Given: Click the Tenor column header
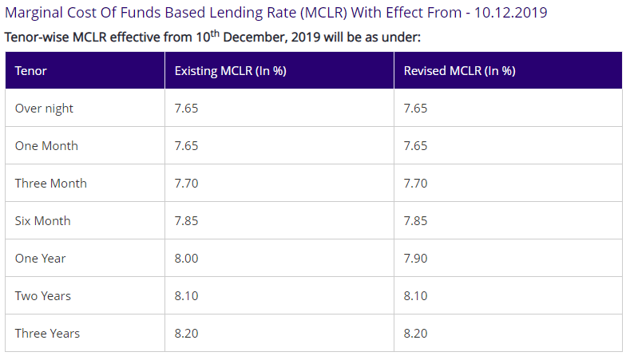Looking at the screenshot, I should click(x=31, y=70).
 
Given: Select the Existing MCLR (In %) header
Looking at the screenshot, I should click(x=231, y=70).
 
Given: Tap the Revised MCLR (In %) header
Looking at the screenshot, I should click(x=459, y=70).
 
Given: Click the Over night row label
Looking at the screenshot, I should click(x=44, y=109).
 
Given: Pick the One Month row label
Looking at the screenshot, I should click(x=46, y=146).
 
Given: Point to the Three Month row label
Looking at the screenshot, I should click(x=50, y=184).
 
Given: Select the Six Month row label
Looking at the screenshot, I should click(x=42, y=221).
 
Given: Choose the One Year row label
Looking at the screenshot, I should click(x=40, y=259).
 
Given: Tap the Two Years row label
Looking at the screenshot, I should click(x=42, y=296).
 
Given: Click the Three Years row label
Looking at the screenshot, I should click(x=47, y=334).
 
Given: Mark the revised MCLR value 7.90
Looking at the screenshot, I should click(x=415, y=259).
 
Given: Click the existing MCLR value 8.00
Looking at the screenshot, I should click(x=187, y=259).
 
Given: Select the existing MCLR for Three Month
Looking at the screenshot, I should click(x=187, y=184).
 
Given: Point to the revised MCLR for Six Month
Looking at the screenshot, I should click(x=415, y=221).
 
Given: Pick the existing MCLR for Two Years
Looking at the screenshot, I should click(x=187, y=296).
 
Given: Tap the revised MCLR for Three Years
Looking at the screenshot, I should click(x=415, y=334).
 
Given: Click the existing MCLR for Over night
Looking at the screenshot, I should click(x=187, y=109).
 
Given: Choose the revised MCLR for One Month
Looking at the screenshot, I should click(x=415, y=146).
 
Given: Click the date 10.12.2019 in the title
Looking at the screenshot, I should click(x=510, y=14).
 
